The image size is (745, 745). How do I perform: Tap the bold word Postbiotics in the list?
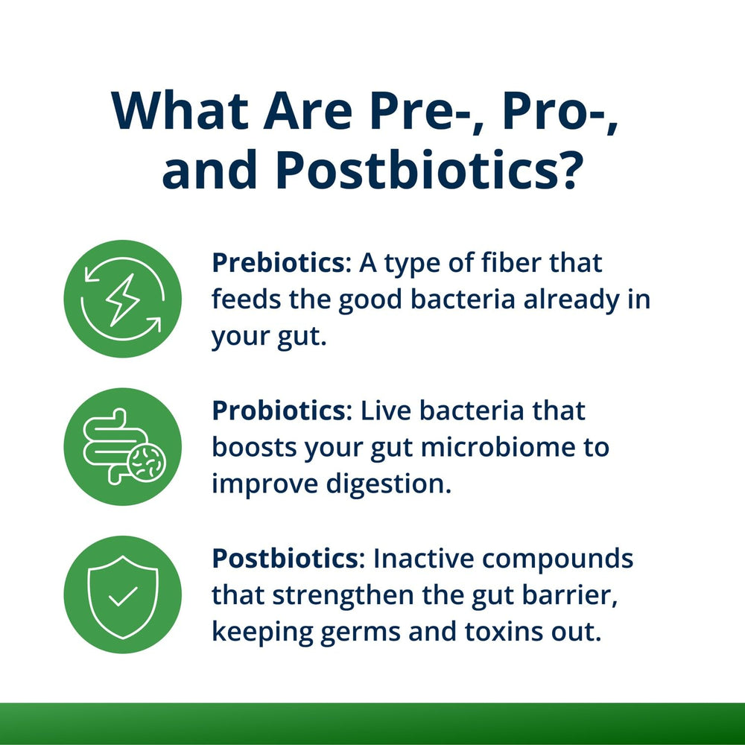(287, 558)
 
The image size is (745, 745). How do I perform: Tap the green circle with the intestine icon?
(122, 446)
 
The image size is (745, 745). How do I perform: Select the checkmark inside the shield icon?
(122, 595)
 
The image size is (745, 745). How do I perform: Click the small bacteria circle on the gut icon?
(146, 463)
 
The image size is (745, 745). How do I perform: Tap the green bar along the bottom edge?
(372, 723)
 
